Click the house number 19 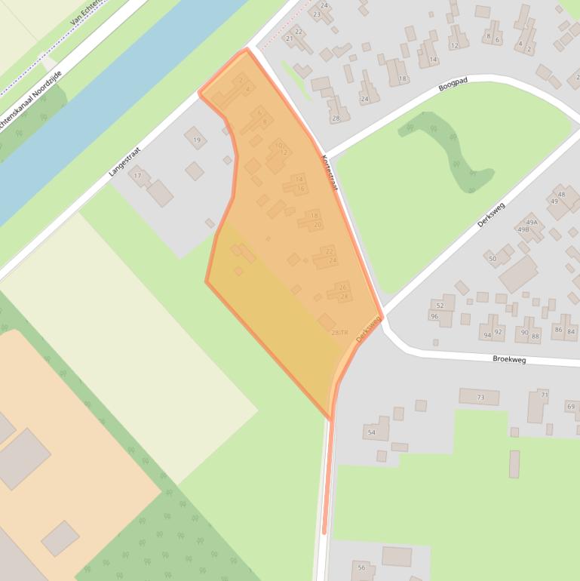(197, 140)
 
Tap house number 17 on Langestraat (137, 176)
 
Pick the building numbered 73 (480, 397)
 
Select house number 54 (371, 432)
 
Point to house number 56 (361, 567)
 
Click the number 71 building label (544, 395)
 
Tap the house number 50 (493, 259)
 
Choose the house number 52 (440, 306)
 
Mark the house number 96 (434, 316)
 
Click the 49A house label (532, 223)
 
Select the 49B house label (523, 229)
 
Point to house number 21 (290, 38)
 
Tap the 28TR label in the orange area (339, 333)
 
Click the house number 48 (561, 195)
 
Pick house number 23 (318, 14)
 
